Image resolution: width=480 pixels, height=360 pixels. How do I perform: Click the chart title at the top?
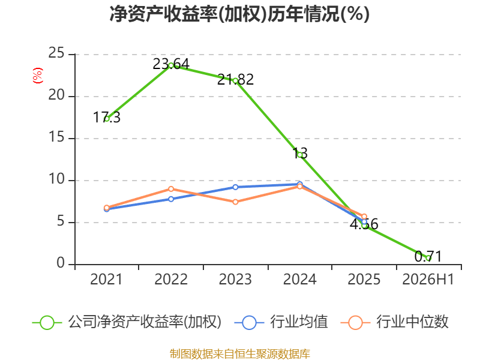tap(239, 14)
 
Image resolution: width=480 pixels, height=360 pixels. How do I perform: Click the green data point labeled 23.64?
tap(171, 65)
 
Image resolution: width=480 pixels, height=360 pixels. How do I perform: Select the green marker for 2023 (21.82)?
tap(235, 81)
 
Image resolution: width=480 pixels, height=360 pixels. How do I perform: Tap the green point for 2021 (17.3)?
tap(107, 119)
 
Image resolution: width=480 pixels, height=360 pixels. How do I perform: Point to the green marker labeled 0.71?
tap(428, 258)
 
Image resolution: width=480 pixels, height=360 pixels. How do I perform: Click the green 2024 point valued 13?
tap(300, 155)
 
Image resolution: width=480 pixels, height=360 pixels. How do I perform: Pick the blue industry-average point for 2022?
tap(171, 199)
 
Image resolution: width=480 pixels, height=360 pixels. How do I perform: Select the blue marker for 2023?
tap(235, 187)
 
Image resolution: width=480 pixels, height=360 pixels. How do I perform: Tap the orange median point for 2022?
tap(171, 189)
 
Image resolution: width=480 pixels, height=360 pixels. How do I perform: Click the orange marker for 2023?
tap(235, 202)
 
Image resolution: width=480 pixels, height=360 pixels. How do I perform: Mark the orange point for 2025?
tap(364, 217)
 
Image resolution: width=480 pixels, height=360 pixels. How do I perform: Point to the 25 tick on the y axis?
tap(56, 53)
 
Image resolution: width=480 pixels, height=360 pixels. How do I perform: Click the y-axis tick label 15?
tap(56, 137)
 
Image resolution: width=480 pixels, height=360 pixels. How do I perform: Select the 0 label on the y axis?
tap(61, 263)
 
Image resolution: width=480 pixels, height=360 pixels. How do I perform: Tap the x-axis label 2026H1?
tap(428, 279)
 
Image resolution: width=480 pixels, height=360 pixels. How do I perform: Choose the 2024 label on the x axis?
tap(299, 279)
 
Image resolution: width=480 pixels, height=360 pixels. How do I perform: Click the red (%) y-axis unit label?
tap(38, 76)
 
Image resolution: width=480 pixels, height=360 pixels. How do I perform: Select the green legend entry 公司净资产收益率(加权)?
tap(127, 322)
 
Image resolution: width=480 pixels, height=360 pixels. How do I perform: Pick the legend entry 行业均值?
tap(281, 322)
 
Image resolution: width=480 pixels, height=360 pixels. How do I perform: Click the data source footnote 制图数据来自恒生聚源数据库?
tap(240, 354)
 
